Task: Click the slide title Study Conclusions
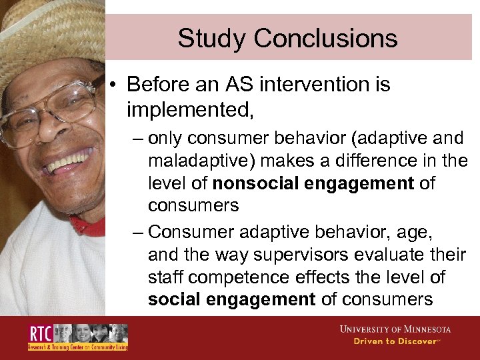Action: pyautogui.click(x=287, y=38)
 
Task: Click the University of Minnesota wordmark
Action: pyautogui.click(x=395, y=329)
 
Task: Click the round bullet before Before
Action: pyautogui.click(x=115, y=85)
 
